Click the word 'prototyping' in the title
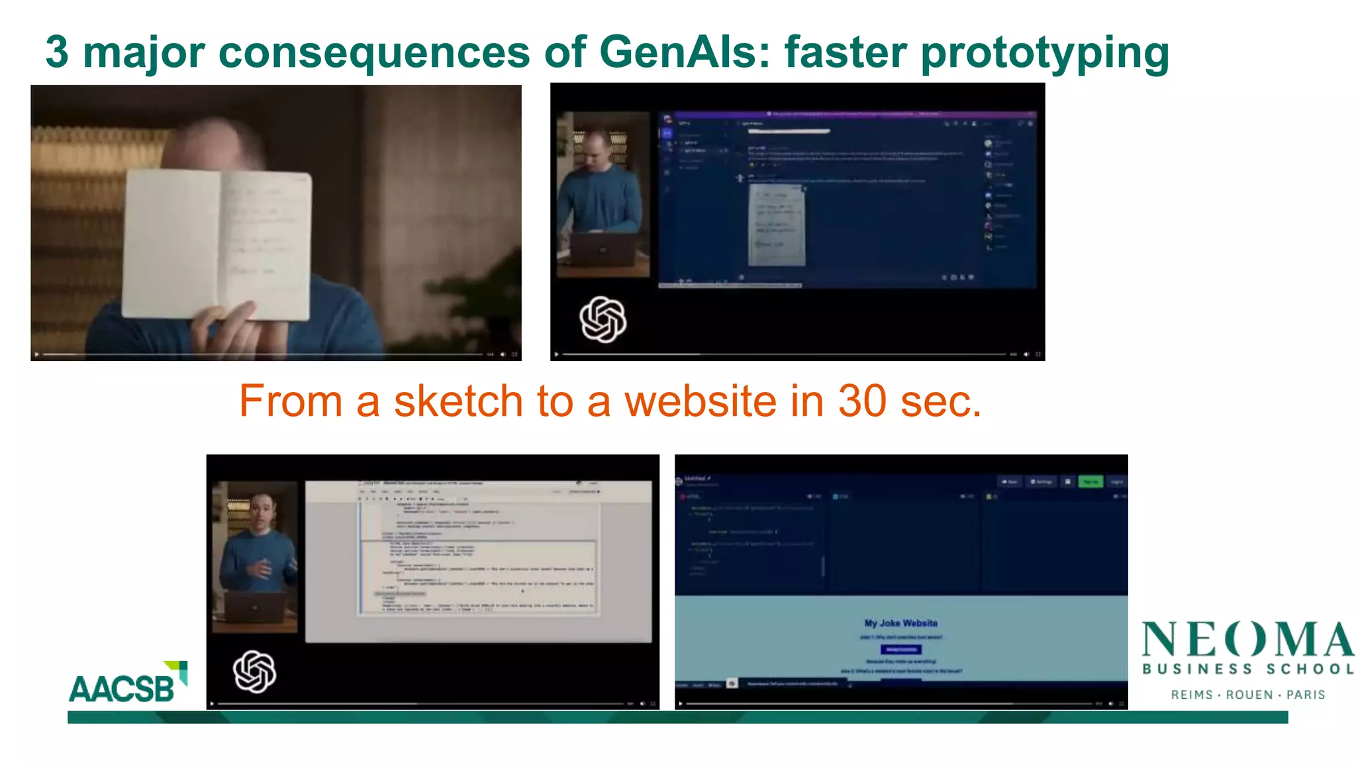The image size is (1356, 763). [x=1045, y=53]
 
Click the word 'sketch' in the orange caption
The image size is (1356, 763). [x=458, y=401]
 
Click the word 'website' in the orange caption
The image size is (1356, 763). [x=701, y=401]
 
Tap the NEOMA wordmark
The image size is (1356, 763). [x=1247, y=640]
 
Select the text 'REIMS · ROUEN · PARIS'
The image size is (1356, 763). [x=1247, y=695]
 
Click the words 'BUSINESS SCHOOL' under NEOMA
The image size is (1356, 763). [x=1247, y=670]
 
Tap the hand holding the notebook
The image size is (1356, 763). [x=225, y=328]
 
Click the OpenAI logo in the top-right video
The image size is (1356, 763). [x=603, y=319]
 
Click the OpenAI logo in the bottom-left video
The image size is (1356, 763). [x=254, y=672]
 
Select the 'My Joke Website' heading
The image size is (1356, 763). [x=900, y=623]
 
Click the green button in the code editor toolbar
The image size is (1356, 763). [x=1090, y=482]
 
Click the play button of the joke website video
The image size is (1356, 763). [x=680, y=703]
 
